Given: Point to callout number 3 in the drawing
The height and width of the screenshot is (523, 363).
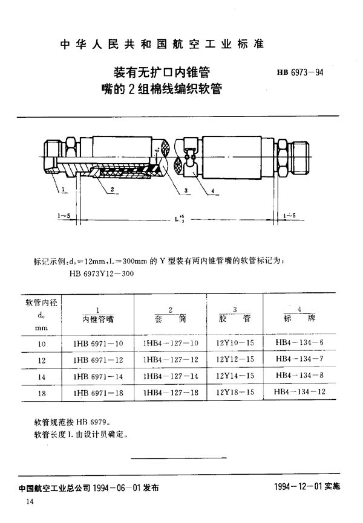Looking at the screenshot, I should point(187,192).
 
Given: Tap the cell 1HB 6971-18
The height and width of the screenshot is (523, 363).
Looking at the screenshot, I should point(96,394).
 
